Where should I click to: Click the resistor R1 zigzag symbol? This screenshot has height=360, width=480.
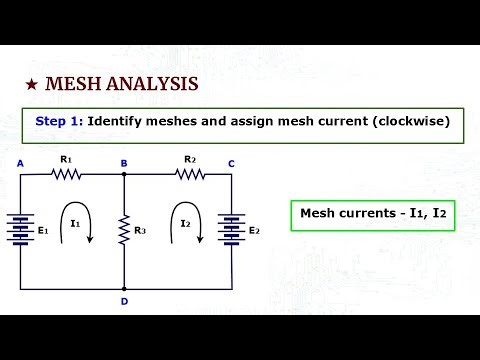(x=67, y=173)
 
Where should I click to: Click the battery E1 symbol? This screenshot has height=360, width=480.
(x=21, y=229)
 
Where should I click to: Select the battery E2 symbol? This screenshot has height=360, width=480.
(x=232, y=229)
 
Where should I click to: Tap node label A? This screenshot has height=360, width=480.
(x=20, y=163)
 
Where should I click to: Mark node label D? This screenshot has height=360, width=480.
(x=123, y=301)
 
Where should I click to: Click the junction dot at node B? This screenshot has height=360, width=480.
(x=124, y=174)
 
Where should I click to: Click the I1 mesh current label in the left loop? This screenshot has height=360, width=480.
(x=75, y=224)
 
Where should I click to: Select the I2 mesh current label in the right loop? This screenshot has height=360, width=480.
(x=186, y=224)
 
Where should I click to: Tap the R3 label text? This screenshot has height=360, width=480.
(x=140, y=231)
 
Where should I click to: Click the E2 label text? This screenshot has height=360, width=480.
(x=254, y=231)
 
